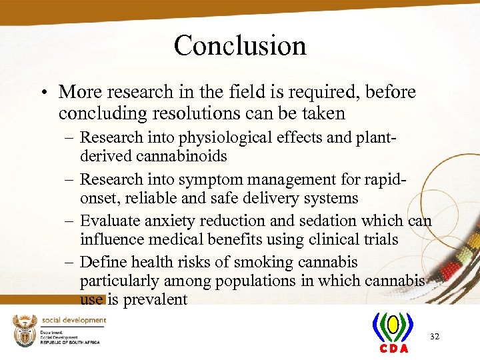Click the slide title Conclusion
pos(240,46)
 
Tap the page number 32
pos(435,337)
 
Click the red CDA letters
pos(393,349)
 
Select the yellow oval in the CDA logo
pos(393,325)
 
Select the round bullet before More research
pos(45,91)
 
